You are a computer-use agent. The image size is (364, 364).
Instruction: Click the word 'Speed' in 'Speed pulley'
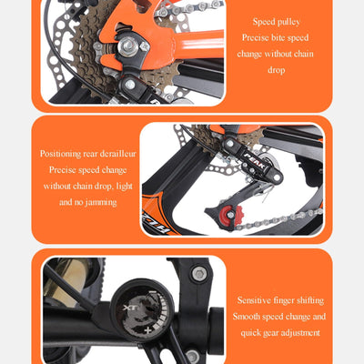(264, 21)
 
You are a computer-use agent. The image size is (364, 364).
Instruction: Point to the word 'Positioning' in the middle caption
(66, 153)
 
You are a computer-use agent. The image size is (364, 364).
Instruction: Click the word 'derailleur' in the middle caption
(116, 153)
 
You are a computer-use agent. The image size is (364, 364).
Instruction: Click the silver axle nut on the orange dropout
(144, 45)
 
